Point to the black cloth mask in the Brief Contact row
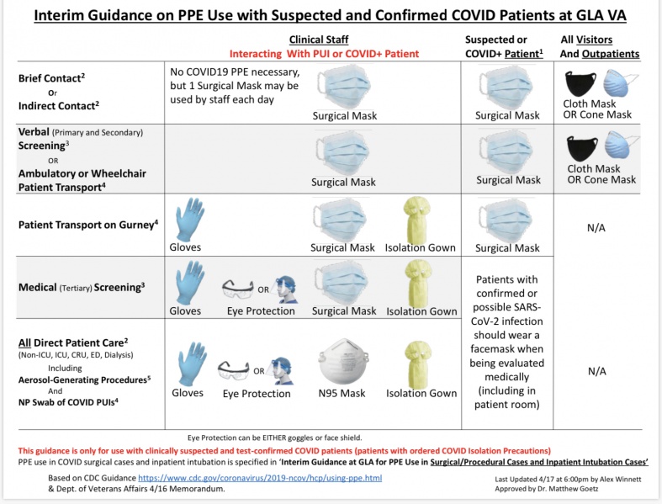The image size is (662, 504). [x=580, y=83]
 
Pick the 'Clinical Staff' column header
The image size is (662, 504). [x=318, y=40]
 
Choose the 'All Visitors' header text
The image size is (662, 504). [x=599, y=40]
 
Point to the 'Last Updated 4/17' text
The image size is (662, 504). [x=529, y=478]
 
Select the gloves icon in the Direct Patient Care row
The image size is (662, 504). [x=187, y=364]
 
